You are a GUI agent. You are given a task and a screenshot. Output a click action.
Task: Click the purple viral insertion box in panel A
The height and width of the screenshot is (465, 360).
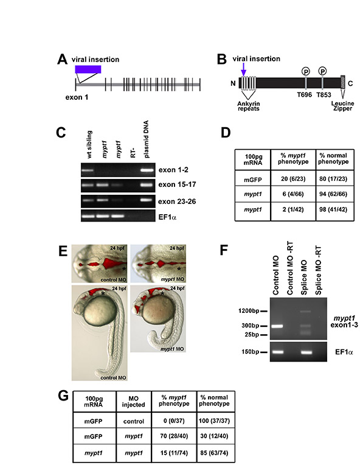pos(88,69)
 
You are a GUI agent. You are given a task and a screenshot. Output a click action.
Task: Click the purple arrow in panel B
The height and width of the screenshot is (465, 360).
pos(244,69)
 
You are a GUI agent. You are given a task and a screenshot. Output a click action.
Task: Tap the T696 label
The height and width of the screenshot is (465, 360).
pos(305,95)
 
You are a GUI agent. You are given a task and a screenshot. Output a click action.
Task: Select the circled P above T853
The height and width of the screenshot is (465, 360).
pos(322,71)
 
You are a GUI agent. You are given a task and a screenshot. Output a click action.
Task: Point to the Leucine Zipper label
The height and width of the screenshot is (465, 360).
pos(342,106)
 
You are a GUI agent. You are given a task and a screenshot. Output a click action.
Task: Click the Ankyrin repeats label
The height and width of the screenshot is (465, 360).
pos(248,106)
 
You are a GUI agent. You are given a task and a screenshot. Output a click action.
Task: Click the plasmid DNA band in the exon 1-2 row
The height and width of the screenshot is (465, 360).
pos(147,170)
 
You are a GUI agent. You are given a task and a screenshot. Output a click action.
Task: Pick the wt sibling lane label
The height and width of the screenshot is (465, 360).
pos(89,144)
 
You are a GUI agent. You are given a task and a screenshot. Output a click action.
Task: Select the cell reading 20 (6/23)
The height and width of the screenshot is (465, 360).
pos(292,179)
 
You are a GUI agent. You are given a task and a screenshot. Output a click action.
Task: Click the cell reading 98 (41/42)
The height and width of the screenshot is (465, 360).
pos(333,209)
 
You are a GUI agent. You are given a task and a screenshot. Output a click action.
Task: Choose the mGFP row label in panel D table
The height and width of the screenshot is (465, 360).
pos(253,180)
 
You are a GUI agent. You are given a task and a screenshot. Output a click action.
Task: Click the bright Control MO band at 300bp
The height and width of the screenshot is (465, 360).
pos(277,326)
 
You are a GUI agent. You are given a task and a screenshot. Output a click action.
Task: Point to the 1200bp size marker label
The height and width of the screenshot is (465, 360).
pos(249,311)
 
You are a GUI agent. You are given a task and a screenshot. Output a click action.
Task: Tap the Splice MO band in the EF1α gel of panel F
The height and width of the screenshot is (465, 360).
pos(306,352)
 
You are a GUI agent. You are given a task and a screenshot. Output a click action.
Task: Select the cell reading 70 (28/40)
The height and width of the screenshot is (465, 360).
pos(174,436)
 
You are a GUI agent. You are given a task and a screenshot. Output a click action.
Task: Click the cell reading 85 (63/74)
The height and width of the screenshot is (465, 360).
pos(214,453)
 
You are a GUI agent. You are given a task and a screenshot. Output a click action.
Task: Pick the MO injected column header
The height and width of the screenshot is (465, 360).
pos(133,401)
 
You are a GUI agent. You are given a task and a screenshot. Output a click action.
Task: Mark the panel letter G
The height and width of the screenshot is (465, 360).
pos(63,396)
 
